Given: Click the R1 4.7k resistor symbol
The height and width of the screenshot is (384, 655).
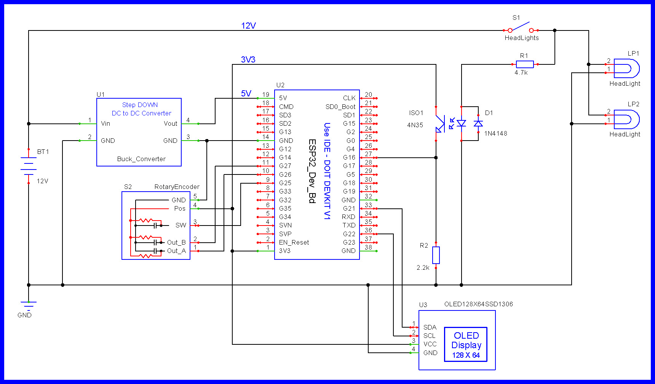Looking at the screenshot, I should pyautogui.click(x=524, y=64).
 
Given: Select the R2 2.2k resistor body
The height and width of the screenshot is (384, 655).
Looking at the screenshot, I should pyautogui.click(x=436, y=255).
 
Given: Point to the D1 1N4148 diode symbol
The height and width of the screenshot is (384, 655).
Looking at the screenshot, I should pyautogui.click(x=478, y=123).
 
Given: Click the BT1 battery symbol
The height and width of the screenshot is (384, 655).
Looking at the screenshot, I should pyautogui.click(x=29, y=166).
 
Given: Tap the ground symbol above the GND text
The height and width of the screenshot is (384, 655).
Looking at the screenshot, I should pyautogui.click(x=29, y=305).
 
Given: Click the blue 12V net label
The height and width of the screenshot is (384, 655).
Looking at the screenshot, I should pyautogui.click(x=248, y=26).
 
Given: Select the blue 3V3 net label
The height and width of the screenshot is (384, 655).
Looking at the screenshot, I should pyautogui.click(x=248, y=59).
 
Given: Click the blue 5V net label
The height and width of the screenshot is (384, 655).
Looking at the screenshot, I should pyautogui.click(x=246, y=93).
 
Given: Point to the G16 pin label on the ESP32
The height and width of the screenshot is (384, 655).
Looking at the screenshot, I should pyautogui.click(x=349, y=157).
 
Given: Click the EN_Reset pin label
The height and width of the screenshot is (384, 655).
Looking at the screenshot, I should pyautogui.click(x=294, y=242).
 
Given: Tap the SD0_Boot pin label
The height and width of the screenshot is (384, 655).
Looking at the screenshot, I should pyautogui.click(x=340, y=107).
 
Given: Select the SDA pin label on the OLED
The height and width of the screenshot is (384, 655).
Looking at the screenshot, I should pyautogui.click(x=430, y=327).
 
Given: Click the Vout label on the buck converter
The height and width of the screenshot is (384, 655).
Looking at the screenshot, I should pyautogui.click(x=170, y=123).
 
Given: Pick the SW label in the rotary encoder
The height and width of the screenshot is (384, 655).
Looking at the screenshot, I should pyautogui.click(x=181, y=225).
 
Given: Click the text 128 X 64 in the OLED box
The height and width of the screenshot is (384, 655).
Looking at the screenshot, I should pyautogui.click(x=466, y=355).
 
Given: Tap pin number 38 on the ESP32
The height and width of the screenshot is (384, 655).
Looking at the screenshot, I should pyautogui.click(x=368, y=247).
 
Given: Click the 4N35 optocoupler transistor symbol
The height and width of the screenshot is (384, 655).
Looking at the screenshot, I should pyautogui.click(x=440, y=124).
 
